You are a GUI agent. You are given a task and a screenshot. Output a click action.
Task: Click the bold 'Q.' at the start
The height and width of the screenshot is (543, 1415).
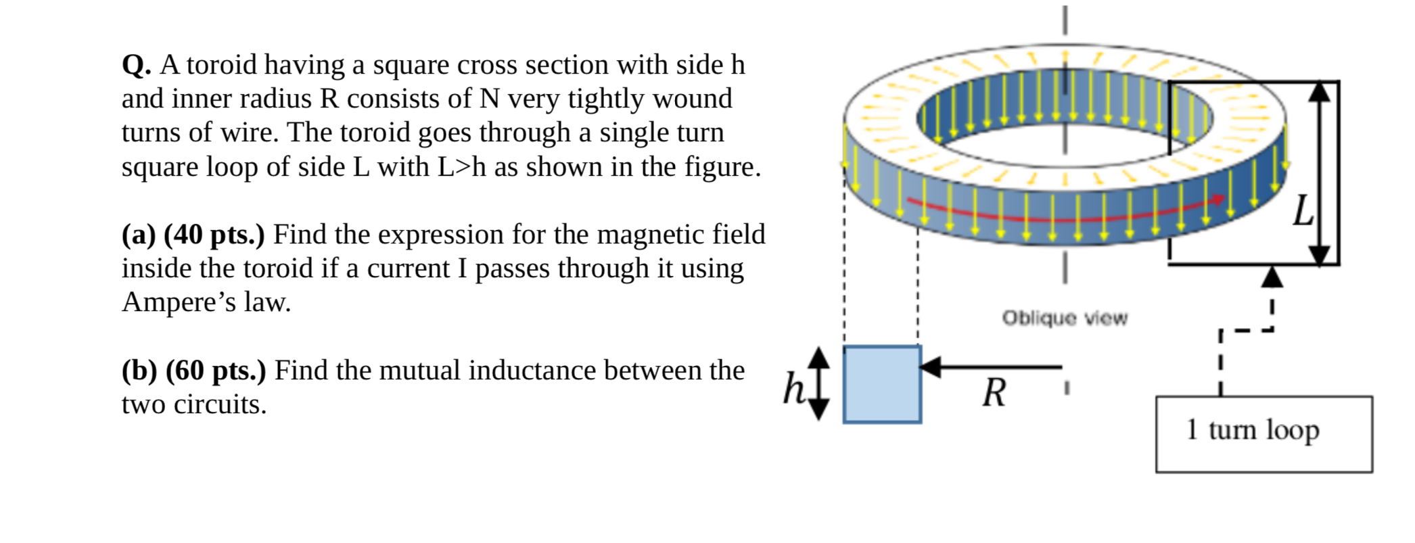point(136,66)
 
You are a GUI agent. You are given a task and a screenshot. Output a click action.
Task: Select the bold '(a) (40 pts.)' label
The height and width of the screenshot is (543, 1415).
point(193,235)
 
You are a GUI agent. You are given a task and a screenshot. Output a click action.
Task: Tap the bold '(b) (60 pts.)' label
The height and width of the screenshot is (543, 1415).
point(193,371)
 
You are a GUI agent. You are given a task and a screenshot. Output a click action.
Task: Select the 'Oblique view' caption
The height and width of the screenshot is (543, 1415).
point(1065,318)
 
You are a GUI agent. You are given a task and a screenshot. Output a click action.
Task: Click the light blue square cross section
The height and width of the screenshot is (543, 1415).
point(882,384)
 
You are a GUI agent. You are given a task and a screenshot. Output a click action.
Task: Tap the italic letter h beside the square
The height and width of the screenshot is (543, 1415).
point(793,389)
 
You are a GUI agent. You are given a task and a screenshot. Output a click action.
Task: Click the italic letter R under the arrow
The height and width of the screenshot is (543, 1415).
point(994,393)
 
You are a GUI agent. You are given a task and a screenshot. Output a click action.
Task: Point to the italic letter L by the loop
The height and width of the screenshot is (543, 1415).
point(1302,211)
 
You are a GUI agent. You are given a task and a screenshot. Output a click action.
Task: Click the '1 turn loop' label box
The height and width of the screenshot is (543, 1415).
point(1263,433)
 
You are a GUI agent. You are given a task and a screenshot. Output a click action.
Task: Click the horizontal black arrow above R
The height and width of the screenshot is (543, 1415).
point(990,367)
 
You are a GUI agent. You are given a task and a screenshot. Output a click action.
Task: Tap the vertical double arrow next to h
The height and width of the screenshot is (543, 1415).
point(818,383)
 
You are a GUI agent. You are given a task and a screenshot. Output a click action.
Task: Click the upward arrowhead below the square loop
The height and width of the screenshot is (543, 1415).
point(1272,277)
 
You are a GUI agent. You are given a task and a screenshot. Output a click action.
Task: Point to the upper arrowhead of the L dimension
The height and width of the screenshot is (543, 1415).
point(1319,91)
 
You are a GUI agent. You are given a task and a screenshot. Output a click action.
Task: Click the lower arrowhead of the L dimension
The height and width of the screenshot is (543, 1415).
point(1319,255)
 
